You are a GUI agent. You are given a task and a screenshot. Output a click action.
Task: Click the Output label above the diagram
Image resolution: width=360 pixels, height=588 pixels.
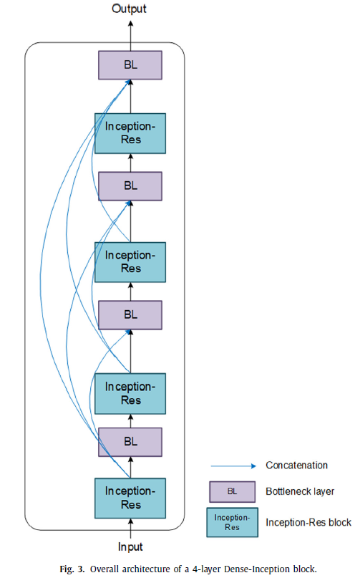(x=130, y=9)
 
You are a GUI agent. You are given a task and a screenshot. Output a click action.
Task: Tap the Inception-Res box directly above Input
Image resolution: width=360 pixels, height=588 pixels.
(x=130, y=498)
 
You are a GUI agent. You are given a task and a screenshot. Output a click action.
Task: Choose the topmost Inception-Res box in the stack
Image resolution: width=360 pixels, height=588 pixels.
(x=130, y=132)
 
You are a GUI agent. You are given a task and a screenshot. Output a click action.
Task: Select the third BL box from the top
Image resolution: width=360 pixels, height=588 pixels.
(x=130, y=314)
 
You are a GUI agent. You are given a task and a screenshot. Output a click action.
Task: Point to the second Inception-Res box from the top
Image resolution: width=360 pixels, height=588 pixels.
(x=130, y=261)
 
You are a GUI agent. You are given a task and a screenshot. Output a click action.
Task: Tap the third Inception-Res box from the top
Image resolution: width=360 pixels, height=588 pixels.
(x=130, y=392)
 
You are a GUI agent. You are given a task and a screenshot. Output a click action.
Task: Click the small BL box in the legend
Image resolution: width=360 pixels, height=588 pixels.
(x=233, y=492)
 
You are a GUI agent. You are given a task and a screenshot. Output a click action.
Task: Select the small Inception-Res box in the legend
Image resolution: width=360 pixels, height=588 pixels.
(x=233, y=523)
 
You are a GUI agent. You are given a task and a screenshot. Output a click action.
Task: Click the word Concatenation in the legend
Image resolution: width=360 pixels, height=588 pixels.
(x=296, y=466)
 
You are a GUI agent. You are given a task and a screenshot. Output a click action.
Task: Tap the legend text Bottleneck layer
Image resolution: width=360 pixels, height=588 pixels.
(x=300, y=492)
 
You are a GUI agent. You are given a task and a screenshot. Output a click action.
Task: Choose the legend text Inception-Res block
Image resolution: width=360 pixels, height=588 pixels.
(x=308, y=523)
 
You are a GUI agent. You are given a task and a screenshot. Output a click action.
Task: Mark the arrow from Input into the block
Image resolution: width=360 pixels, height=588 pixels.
(x=130, y=528)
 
